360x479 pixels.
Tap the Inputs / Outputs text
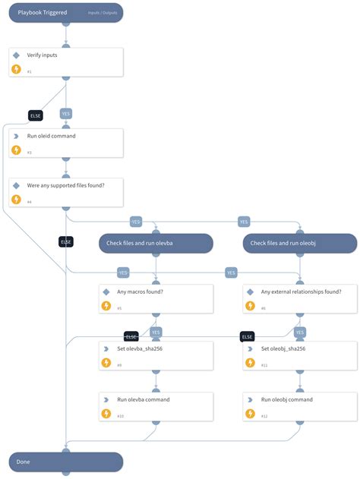coord(101,13)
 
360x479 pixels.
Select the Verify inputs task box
coord(65,62)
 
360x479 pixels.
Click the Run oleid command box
coord(65,141)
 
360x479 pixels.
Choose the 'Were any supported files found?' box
coord(65,193)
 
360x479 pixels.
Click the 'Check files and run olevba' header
coord(155,243)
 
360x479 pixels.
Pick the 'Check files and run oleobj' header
coord(300,243)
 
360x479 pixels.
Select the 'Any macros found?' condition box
coord(155,298)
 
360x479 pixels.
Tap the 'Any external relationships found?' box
coord(300,298)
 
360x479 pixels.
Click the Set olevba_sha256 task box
coord(155,355)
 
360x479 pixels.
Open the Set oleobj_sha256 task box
coord(300,355)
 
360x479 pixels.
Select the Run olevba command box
coord(155,406)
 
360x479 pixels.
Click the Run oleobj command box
coord(300,406)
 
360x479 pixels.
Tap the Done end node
coord(65,462)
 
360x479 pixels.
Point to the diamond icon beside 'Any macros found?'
coord(106,291)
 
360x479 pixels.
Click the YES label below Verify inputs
coord(66,113)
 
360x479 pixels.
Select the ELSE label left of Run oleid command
coord(35,115)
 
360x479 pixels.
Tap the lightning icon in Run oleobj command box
coord(251,414)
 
